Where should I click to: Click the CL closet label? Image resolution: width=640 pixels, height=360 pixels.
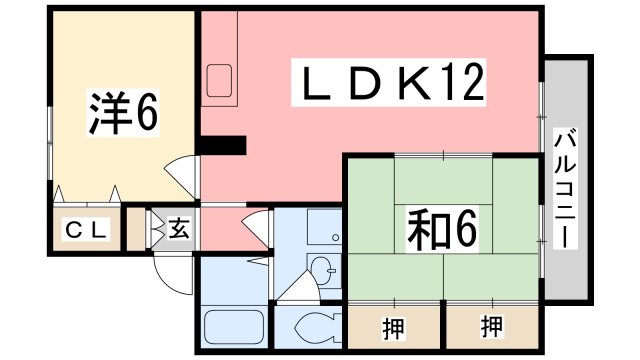pyautogui.click(x=86, y=230)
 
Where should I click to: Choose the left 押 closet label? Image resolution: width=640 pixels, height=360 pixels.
pyautogui.click(x=393, y=324)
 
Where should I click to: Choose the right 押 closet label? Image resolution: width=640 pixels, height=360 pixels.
pyautogui.click(x=491, y=324)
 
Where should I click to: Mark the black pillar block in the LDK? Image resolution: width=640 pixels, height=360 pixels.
pyautogui.click(x=222, y=145)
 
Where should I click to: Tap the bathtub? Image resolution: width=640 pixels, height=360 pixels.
pyautogui.click(x=232, y=326)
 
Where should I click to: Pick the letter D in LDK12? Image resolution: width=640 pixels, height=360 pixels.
pyautogui.click(x=361, y=82)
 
